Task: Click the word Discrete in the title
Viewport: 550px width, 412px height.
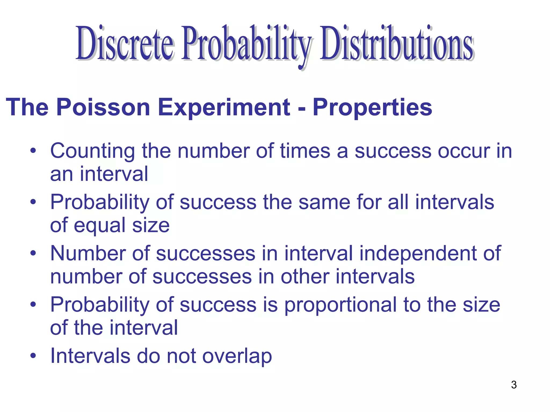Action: point(125,43)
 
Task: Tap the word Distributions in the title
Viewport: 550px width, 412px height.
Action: point(396,43)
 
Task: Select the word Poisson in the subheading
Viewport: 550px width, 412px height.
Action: point(103,107)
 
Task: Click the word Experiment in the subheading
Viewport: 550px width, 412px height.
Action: point(224,107)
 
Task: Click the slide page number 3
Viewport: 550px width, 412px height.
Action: point(514,385)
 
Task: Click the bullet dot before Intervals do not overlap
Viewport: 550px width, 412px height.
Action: point(33,356)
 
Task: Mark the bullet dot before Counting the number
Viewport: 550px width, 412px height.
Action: point(33,151)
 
